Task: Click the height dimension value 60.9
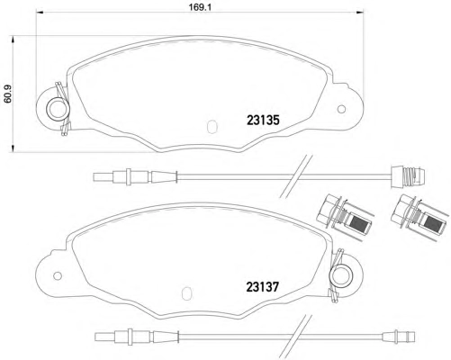(x=8, y=94)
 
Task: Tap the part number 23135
(x=263, y=121)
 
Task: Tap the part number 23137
(x=263, y=287)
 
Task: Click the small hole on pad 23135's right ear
(x=341, y=109)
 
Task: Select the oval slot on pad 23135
(x=212, y=127)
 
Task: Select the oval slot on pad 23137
(x=186, y=292)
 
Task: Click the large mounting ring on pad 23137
(x=341, y=275)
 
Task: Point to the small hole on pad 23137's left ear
(x=57, y=275)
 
